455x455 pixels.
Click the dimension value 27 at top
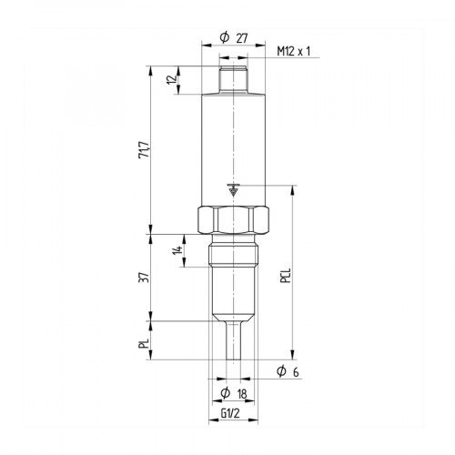tap(242, 38)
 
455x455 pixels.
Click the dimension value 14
tap(178, 250)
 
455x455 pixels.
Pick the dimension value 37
tap(144, 278)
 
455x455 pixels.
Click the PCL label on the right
tap(285, 278)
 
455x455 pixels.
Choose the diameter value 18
tap(242, 393)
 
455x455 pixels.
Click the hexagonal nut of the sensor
tap(233, 221)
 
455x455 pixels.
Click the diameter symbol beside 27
tap(224, 38)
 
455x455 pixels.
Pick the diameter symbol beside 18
tap(224, 393)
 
